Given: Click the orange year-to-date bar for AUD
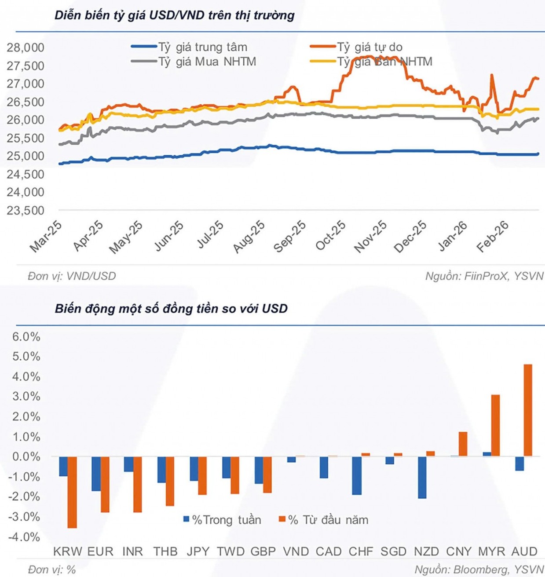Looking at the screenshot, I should point(528,410).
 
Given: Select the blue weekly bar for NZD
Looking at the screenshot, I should point(422,477).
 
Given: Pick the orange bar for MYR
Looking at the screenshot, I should point(495,425).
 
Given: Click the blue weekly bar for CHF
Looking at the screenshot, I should point(357,475).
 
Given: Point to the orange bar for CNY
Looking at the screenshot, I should point(463,444).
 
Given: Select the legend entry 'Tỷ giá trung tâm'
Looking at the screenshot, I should point(202,47).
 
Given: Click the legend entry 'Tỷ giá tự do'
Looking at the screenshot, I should point(369,47).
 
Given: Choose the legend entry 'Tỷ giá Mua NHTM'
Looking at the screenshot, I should point(207,62).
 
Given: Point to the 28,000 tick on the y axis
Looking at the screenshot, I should point(26,47).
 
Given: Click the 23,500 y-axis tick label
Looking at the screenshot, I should point(26,210).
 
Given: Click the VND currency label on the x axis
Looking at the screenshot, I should point(296,551).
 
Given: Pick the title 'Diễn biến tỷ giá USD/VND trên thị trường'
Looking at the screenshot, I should point(175,15).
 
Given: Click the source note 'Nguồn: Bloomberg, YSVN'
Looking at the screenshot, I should point(479,570).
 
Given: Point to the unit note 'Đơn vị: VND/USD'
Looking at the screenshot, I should point(72,276).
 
